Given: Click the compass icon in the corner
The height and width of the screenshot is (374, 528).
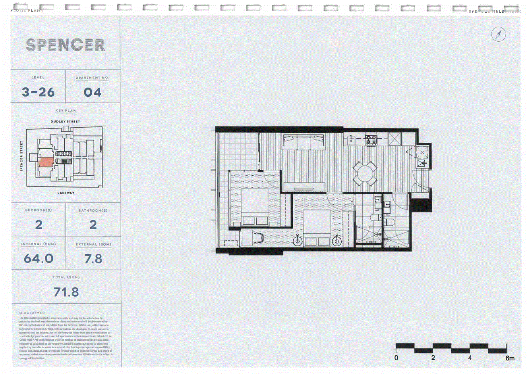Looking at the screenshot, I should [498, 34].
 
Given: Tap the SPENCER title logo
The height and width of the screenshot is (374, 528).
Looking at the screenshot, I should [66, 45].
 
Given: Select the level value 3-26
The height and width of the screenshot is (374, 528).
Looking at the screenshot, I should [38, 92].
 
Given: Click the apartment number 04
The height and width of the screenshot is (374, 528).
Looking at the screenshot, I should [93, 92].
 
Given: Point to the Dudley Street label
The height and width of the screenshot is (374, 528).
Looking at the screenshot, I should [65, 121].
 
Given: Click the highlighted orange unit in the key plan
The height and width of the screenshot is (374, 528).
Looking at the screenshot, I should [46, 161].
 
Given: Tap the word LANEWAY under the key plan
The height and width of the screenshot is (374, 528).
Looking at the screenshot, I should [66, 193].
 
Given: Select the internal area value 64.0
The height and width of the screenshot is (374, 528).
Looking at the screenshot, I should [39, 259].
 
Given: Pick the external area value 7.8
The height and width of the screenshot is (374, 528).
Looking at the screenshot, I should [93, 259].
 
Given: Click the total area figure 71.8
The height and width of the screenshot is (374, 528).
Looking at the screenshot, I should [66, 292].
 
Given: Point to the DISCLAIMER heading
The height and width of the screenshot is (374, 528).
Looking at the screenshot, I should [32, 313].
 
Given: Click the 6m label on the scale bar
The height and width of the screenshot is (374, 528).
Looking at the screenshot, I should [510, 358].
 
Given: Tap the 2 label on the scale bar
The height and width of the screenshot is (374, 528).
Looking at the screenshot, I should [433, 358].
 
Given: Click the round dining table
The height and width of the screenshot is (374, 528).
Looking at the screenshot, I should [365, 174].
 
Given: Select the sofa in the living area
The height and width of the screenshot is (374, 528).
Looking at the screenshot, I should [304, 142].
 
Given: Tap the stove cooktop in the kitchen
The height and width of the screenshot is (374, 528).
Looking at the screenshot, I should [371, 139].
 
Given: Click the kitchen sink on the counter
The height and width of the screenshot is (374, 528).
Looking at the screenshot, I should [351, 139].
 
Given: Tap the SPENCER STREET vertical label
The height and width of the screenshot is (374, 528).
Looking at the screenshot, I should [21, 156].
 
